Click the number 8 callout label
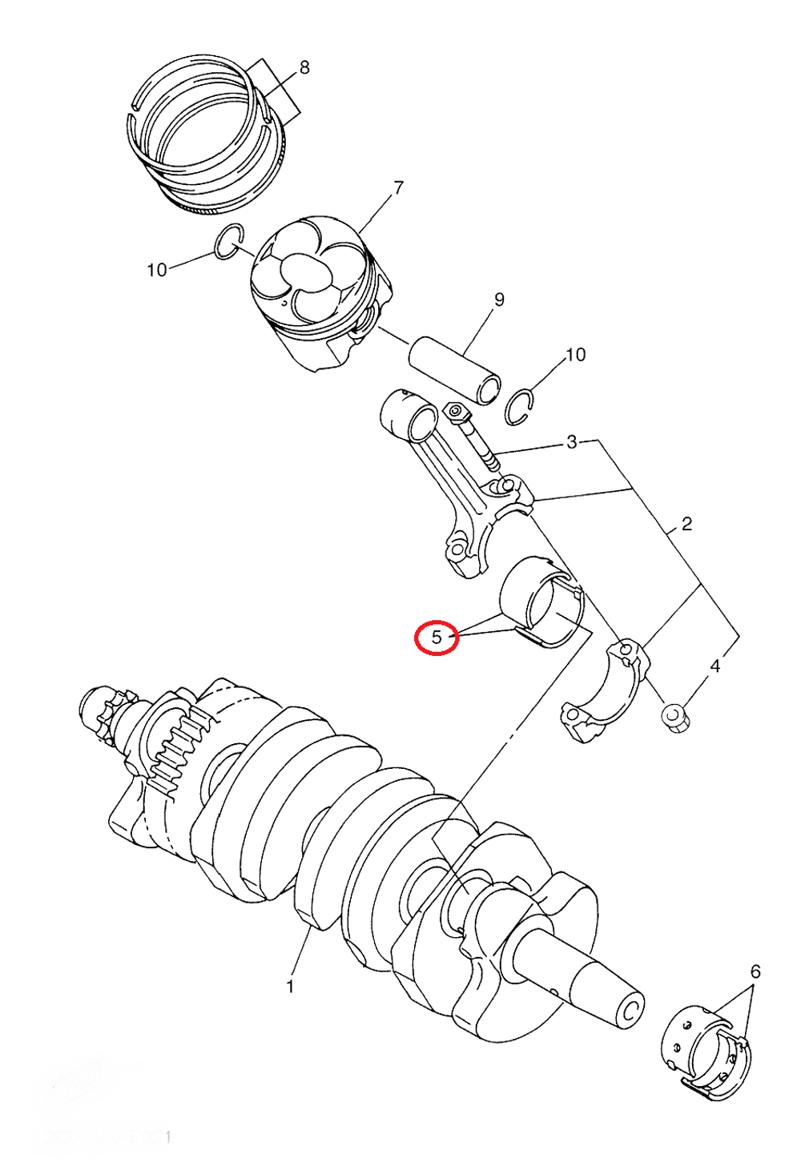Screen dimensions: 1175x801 tap(304, 68)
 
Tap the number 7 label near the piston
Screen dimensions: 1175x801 tap(398, 188)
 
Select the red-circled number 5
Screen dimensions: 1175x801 tap(437, 638)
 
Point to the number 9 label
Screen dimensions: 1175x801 tap(499, 300)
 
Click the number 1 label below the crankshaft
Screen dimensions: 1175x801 tap(290, 987)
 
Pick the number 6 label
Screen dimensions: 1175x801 tap(755, 972)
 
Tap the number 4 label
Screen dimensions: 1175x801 tap(715, 666)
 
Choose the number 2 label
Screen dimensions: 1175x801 tap(686, 524)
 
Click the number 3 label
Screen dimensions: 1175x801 tap(571, 442)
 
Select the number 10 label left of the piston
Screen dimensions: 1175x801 tap(157, 270)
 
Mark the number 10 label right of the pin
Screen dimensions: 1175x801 tap(575, 354)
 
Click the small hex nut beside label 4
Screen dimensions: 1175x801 tap(677, 717)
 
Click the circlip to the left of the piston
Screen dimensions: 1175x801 tap(229, 242)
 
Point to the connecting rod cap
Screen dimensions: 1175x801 tap(605, 693)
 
